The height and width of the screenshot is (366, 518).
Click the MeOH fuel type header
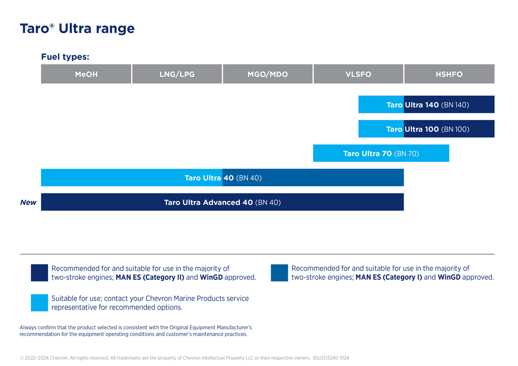click(x=86, y=74)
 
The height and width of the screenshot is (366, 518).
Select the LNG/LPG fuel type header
click(x=177, y=74)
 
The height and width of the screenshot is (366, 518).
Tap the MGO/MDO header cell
click(x=268, y=74)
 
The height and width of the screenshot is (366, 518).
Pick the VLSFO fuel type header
click(x=358, y=74)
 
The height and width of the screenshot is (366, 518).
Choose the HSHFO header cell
click(x=449, y=74)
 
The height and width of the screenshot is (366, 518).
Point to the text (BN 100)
click(x=455, y=129)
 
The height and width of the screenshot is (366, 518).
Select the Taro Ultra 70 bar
click(x=381, y=153)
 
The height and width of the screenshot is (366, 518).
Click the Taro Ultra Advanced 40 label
click(x=208, y=202)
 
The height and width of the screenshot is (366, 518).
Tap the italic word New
click(x=28, y=203)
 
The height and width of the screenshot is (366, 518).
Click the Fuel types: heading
click(x=65, y=57)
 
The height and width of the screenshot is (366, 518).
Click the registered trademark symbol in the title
click(x=52, y=26)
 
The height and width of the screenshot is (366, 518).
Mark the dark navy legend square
click(x=39, y=273)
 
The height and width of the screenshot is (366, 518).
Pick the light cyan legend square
click(x=39, y=303)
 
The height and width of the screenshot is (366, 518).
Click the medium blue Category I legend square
click(x=279, y=273)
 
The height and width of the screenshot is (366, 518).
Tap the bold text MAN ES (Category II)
click(x=150, y=278)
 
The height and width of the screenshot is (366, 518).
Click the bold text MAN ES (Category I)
click(x=388, y=278)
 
